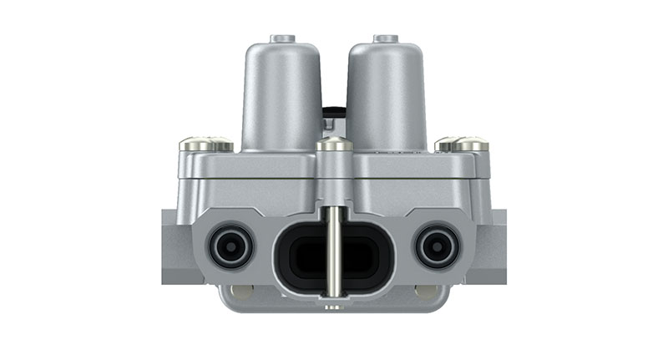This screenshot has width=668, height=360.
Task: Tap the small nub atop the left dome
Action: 282,38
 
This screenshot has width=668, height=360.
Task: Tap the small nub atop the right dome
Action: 385,38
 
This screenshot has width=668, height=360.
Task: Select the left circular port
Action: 230,247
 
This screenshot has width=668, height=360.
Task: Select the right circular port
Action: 437,247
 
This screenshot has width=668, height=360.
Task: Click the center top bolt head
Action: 334,145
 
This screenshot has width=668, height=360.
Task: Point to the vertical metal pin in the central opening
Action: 334,251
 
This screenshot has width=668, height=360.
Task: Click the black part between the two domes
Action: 334,113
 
